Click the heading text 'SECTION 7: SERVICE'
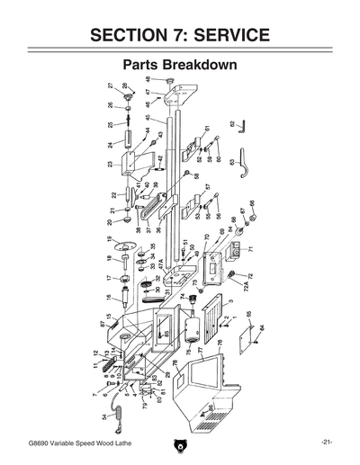click(x=180, y=35)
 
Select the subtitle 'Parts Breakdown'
click(x=180, y=67)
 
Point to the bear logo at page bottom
click(x=180, y=443)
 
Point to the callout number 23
click(x=110, y=165)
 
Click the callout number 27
click(x=110, y=85)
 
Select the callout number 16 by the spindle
click(x=108, y=298)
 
